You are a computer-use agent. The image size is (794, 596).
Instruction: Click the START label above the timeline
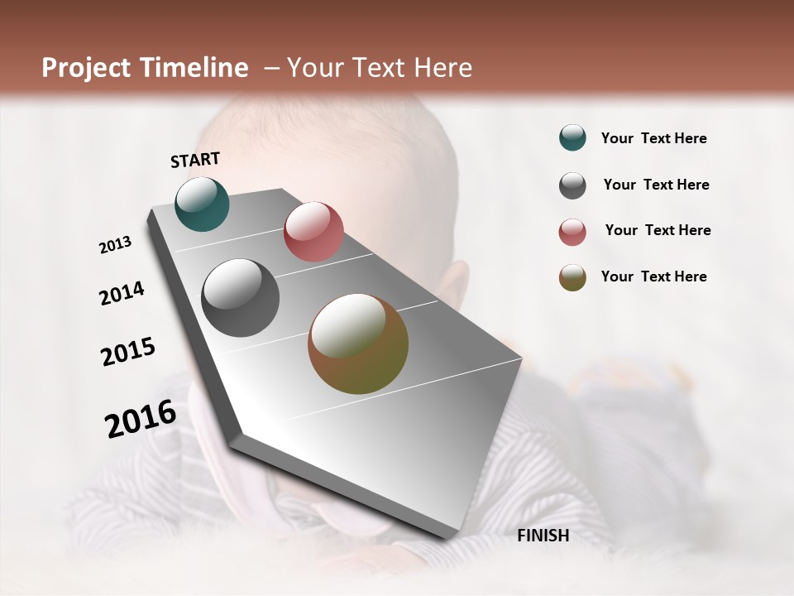(x=195, y=160)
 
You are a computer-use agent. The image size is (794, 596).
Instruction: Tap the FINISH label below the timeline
(x=543, y=536)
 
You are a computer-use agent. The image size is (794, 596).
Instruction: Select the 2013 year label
(x=116, y=245)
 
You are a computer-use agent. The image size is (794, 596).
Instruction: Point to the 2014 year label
(x=122, y=293)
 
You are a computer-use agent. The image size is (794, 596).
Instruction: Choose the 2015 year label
(x=128, y=352)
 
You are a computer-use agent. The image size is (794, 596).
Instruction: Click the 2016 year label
(x=141, y=418)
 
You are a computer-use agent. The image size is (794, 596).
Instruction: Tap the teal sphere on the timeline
(x=202, y=204)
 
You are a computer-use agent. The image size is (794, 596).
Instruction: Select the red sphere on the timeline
(x=313, y=231)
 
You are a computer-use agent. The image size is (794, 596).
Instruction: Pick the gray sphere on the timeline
(x=241, y=298)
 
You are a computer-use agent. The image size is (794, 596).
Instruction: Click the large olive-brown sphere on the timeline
(x=358, y=344)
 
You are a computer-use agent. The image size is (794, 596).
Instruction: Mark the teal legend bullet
(x=572, y=138)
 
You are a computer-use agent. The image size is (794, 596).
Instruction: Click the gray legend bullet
(x=572, y=185)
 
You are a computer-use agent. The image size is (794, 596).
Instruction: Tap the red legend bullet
(x=572, y=232)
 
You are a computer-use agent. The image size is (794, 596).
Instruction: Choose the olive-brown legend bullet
(x=572, y=277)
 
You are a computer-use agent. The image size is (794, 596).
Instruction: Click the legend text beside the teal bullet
(x=653, y=139)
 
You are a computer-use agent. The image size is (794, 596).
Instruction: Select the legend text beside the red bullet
(x=658, y=230)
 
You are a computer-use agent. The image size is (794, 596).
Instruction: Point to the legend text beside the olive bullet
(x=653, y=276)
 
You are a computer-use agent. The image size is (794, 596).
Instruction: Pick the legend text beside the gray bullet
(x=656, y=185)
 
